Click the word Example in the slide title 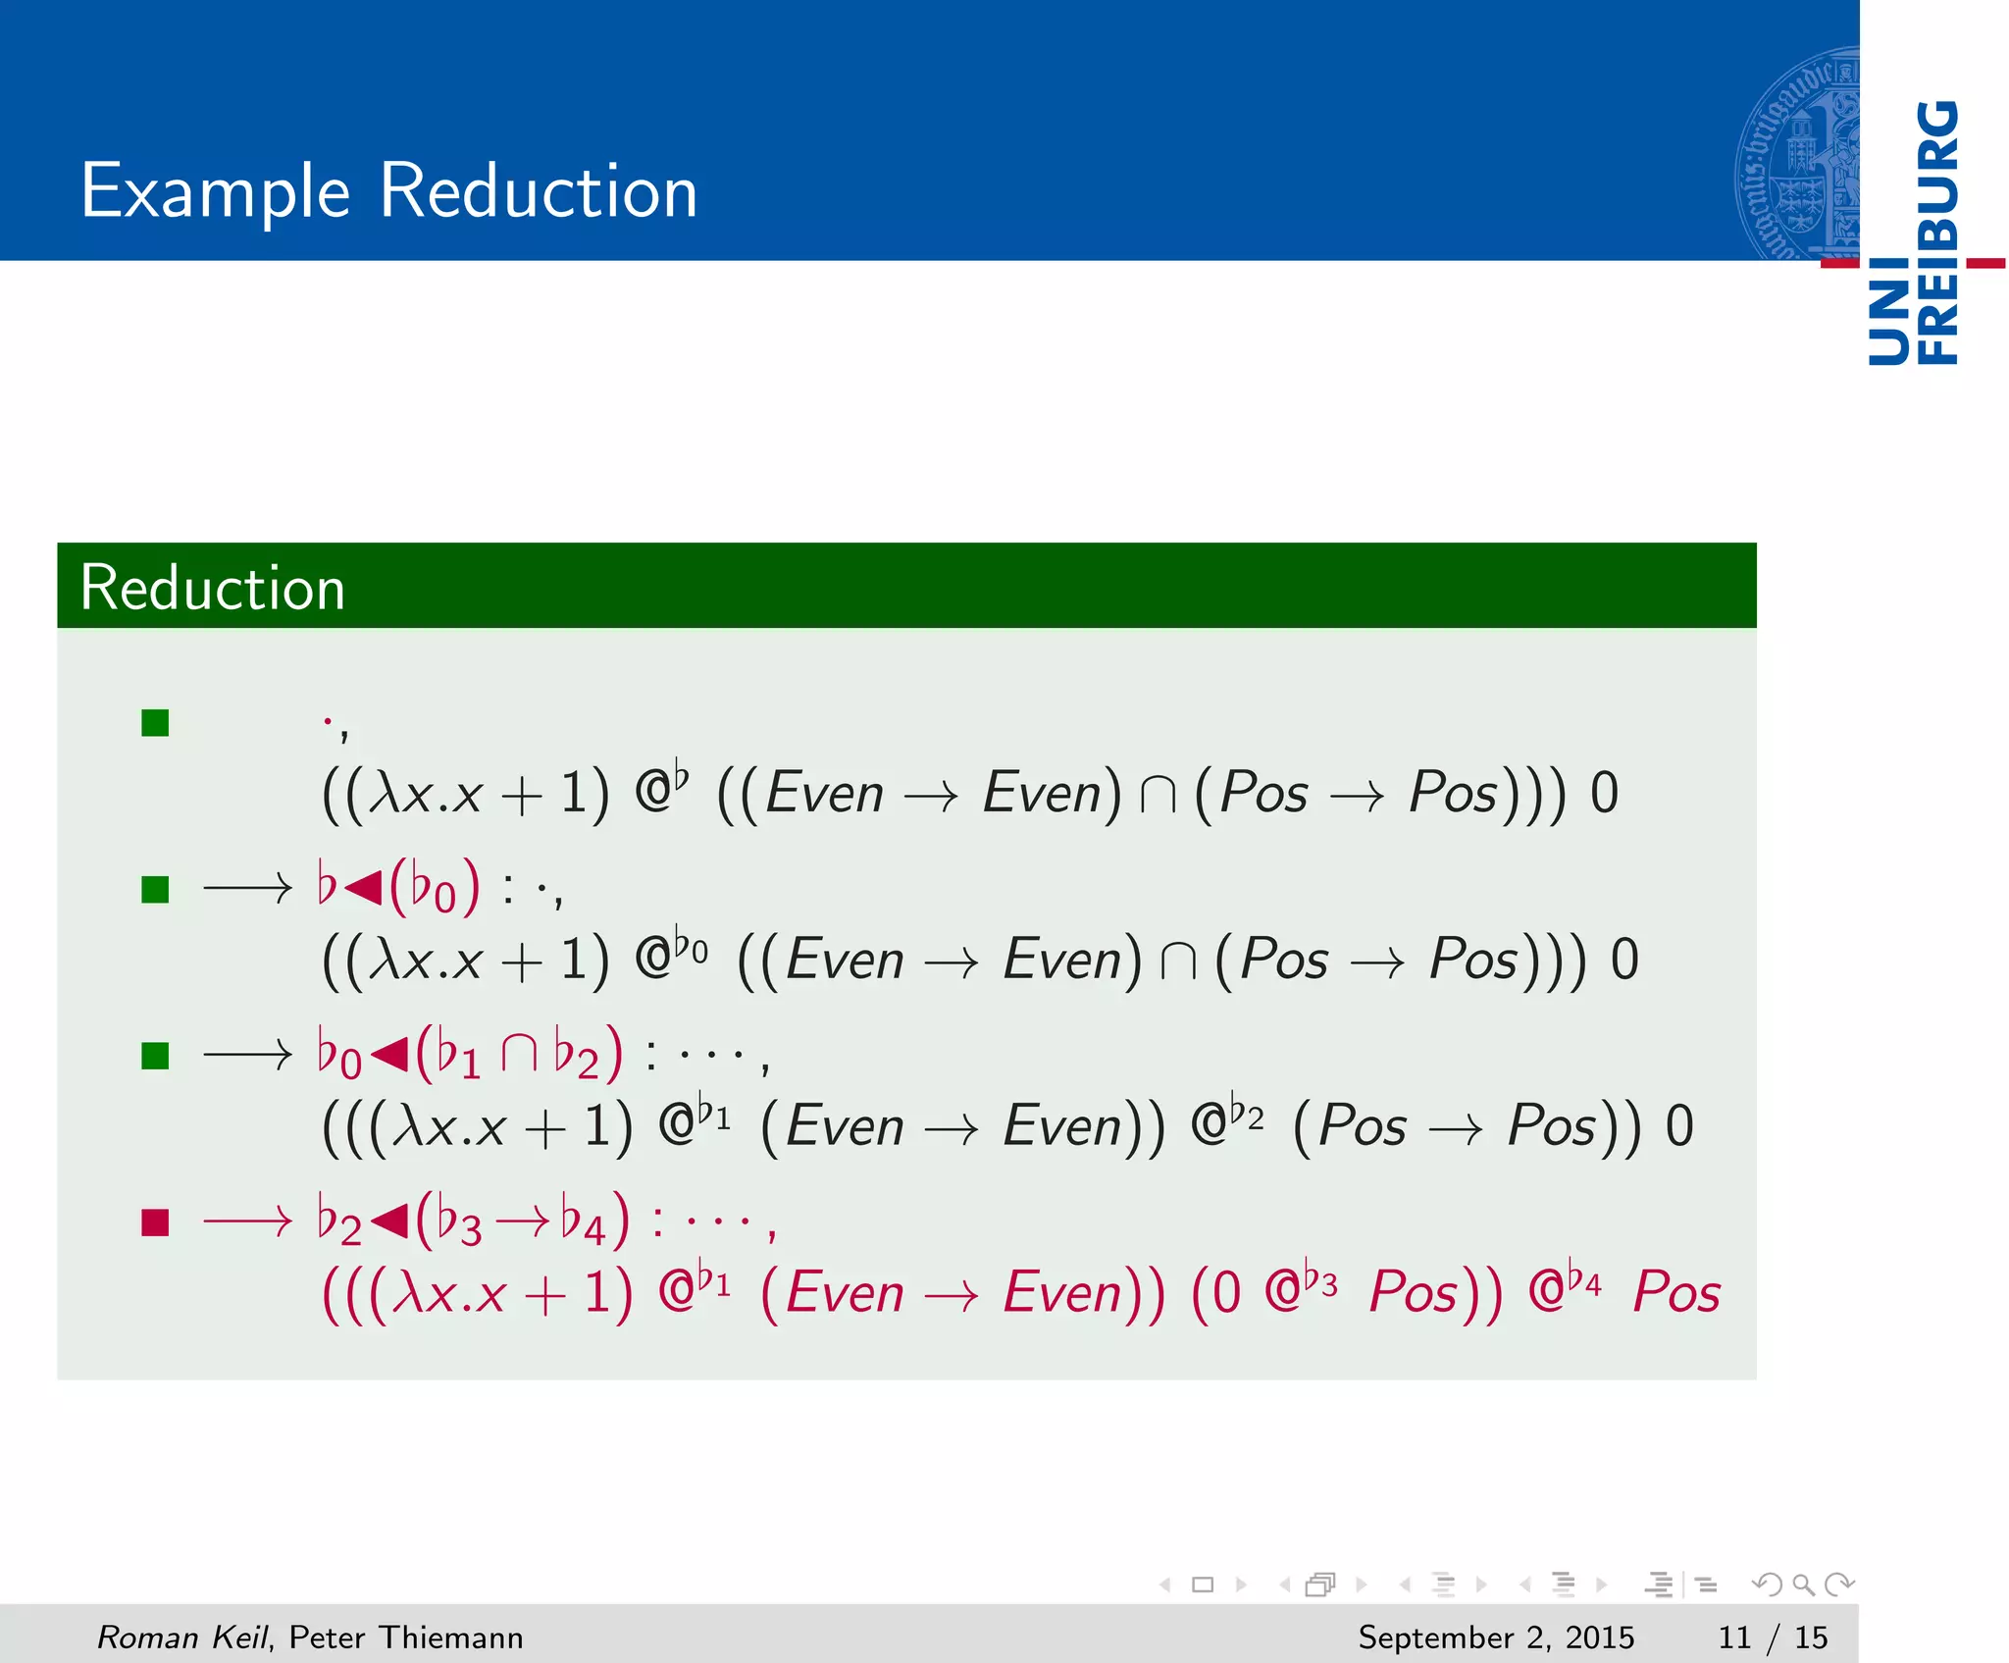pyautogui.click(x=215, y=192)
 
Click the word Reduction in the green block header pyautogui.click(x=212, y=588)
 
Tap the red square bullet pyautogui.click(x=155, y=1222)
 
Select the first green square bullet pyautogui.click(x=155, y=723)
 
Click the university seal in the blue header pyautogui.click(x=1797, y=155)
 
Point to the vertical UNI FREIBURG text pyautogui.click(x=1914, y=234)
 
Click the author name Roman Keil pyautogui.click(x=181, y=1637)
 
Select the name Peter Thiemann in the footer pyautogui.click(x=406, y=1637)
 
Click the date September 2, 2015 pyautogui.click(x=1496, y=1637)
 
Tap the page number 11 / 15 pyautogui.click(x=1772, y=1637)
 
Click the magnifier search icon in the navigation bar pyautogui.click(x=1803, y=1584)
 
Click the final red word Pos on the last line pyautogui.click(x=1676, y=1292)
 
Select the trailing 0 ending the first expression pyautogui.click(x=1604, y=793)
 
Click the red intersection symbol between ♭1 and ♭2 pyautogui.click(x=519, y=1055)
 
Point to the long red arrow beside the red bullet pyautogui.click(x=247, y=1222)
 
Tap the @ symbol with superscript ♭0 pyautogui.click(x=653, y=960)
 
